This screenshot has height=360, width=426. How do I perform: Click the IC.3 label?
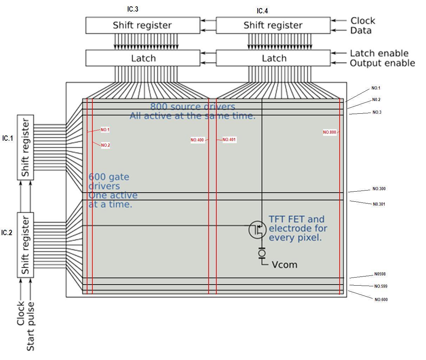coord(132,9)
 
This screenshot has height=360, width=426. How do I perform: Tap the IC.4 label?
coord(262,11)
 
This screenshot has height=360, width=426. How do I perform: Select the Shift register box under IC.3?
coord(143,25)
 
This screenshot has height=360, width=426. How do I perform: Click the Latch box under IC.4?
coord(273,58)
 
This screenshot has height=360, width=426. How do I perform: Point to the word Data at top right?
coord(361,31)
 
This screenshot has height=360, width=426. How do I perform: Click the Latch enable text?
coord(379,53)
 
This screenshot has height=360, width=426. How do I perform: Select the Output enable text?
coord(382,63)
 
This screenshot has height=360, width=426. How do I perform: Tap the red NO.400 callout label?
coord(197,140)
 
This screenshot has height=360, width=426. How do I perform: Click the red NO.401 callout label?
coord(229,140)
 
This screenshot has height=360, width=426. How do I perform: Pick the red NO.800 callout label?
coord(329,132)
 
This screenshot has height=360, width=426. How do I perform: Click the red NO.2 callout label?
coord(105,145)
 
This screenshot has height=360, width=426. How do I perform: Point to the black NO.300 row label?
coord(379,189)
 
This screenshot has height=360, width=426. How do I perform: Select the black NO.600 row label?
coord(381,300)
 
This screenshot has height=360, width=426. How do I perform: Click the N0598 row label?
coord(380,274)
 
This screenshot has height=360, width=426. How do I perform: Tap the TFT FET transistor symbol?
coord(258,229)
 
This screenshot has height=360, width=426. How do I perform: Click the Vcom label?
coord(284,265)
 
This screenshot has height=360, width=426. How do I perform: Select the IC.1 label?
coord(7,138)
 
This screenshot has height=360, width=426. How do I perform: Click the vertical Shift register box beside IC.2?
coord(26,245)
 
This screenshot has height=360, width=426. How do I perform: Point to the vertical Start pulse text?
coord(31,326)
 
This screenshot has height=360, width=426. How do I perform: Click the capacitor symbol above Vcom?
coord(262,253)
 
